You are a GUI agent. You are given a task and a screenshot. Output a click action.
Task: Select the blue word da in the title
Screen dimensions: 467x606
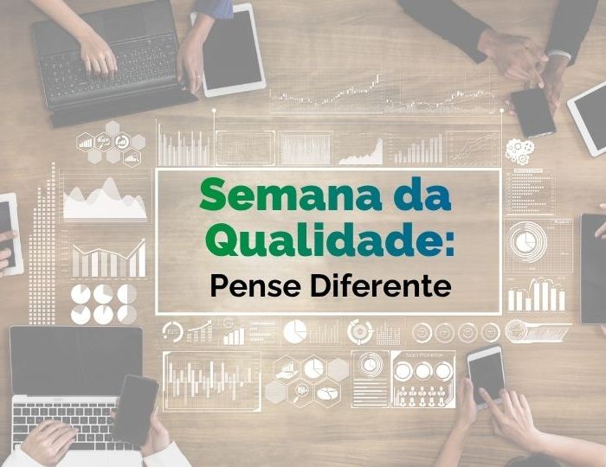(x=422, y=195)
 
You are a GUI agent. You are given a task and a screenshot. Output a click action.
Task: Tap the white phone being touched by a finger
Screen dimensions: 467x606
(x=487, y=374)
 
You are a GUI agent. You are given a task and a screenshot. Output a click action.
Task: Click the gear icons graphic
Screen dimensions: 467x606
(x=519, y=151)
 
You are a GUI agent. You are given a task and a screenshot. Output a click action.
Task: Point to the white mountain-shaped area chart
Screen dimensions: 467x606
(x=105, y=201)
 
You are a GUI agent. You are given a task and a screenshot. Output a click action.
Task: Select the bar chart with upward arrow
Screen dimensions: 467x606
(x=109, y=259)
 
